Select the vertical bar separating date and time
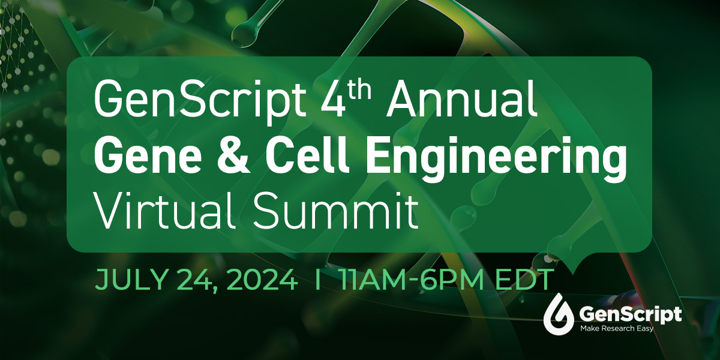(x=317, y=280)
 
